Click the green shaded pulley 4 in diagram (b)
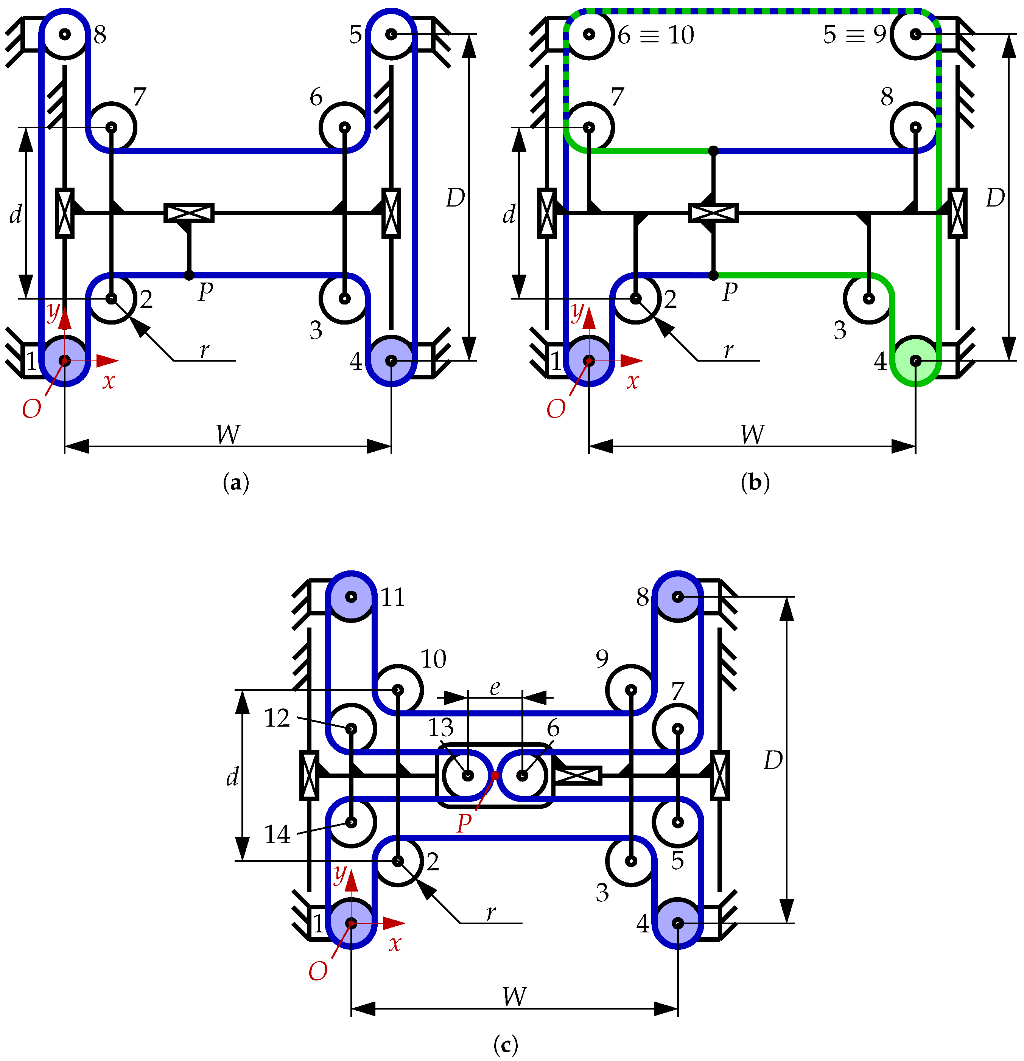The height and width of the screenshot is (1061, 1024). tap(915, 360)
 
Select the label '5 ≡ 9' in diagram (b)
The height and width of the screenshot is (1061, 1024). tap(854, 35)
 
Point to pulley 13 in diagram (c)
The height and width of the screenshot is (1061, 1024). tap(467, 775)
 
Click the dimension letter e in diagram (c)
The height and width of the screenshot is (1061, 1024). tap(494, 688)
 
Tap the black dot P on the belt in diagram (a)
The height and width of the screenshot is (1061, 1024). tap(188, 275)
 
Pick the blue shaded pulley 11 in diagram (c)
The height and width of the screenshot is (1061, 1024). tap(352, 597)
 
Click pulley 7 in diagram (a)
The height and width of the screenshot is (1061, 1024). tap(112, 127)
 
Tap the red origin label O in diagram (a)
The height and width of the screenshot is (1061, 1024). tap(31, 409)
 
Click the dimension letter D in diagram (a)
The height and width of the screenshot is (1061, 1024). tap(455, 198)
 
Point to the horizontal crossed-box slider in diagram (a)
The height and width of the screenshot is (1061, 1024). tap(188, 213)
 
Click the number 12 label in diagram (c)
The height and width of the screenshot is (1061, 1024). tap(277, 718)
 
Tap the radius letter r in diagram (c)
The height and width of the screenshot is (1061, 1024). tap(490, 913)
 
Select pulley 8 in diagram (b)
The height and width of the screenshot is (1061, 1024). tap(915, 127)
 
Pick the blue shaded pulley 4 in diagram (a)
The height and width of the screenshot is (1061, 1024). tap(391, 360)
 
